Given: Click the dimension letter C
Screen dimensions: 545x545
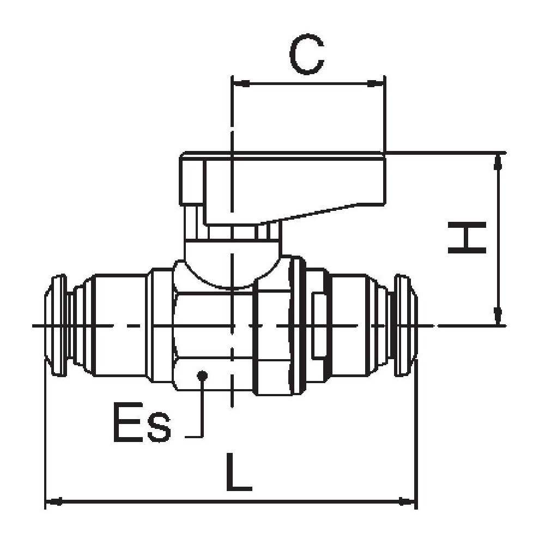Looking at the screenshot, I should coord(307,56).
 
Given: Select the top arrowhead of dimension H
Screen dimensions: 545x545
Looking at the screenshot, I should coord(497,161).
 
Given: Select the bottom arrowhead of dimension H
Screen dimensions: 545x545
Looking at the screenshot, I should coord(497,316).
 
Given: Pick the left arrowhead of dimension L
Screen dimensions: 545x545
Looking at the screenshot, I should coord(53,501).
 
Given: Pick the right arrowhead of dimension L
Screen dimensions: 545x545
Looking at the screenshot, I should coord(407,501).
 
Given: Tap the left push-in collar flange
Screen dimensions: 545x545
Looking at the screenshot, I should coord(57,326).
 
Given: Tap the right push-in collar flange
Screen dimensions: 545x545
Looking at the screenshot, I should coord(404,326).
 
